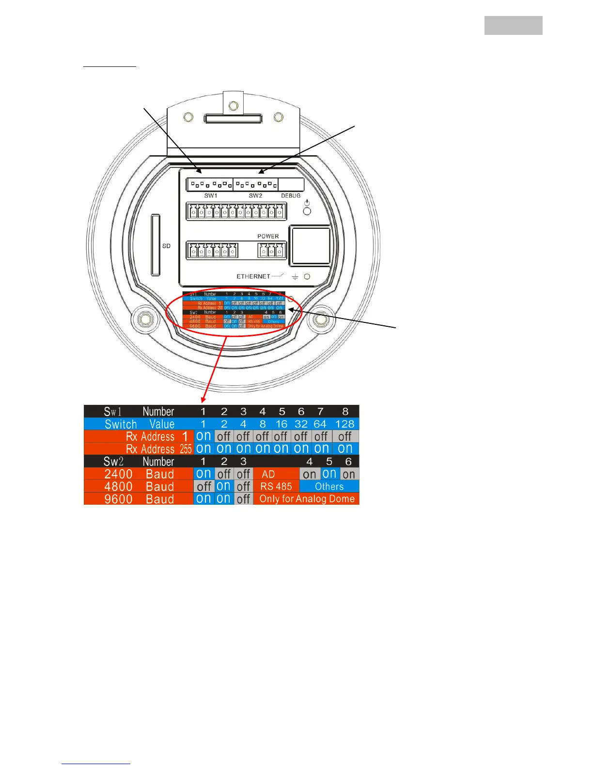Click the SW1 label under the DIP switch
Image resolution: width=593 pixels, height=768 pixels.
click(x=211, y=196)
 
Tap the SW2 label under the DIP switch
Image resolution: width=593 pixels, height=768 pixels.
click(x=255, y=196)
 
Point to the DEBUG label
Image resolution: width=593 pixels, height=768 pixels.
click(x=291, y=196)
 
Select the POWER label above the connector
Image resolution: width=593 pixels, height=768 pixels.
click(x=268, y=237)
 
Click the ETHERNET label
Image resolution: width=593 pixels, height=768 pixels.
click(x=253, y=276)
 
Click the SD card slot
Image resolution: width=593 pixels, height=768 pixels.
click(x=156, y=245)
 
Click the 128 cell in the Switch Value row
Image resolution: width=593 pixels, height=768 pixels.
click(x=344, y=424)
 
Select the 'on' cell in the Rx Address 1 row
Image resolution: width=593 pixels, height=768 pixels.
click(x=203, y=436)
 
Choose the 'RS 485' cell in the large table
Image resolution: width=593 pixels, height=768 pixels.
click(x=276, y=486)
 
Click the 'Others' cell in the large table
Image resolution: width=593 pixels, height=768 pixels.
click(x=329, y=486)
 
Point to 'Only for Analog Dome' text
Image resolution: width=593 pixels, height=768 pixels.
click(x=307, y=499)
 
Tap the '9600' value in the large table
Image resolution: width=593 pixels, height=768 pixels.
click(x=118, y=499)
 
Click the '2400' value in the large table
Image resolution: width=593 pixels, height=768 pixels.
click(x=118, y=474)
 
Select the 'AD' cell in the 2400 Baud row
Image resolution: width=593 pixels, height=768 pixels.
click(x=268, y=474)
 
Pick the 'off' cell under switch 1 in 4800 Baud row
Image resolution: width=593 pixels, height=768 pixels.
click(x=204, y=486)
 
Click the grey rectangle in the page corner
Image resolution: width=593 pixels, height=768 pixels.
click(x=513, y=25)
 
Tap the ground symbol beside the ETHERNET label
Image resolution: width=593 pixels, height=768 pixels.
click(x=295, y=277)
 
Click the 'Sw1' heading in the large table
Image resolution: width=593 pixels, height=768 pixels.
click(x=112, y=412)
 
